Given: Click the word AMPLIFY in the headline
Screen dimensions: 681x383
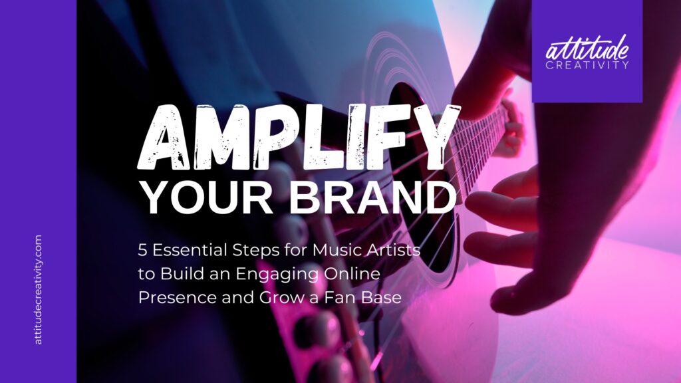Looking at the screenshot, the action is [x=299, y=137].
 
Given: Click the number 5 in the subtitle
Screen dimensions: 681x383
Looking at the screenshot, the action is [x=142, y=250].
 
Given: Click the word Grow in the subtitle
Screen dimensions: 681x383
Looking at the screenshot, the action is [x=279, y=297].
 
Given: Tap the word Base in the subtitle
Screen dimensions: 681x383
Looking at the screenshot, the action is [x=380, y=297].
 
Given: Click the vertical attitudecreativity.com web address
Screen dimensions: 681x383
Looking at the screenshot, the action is [x=38, y=290].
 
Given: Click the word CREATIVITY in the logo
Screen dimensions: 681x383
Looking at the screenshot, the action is [x=587, y=65].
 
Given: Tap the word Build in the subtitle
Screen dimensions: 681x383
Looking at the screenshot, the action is [x=180, y=273].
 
